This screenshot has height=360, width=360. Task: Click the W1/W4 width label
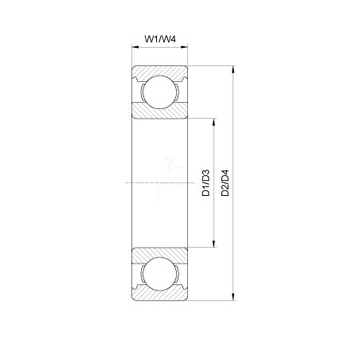point(160,39)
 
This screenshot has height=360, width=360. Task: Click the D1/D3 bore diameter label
point(205,182)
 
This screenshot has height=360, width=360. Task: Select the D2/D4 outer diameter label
point(225,182)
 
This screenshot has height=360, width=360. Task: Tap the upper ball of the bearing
point(159,92)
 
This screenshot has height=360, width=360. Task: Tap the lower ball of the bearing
point(159,274)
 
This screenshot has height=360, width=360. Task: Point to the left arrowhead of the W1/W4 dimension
point(135,47)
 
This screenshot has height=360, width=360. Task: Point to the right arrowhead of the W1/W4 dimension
point(184,47)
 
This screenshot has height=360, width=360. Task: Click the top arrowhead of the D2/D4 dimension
point(233,69)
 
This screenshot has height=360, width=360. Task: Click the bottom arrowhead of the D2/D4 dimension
point(233,297)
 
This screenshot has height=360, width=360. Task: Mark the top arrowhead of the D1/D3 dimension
point(214,122)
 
